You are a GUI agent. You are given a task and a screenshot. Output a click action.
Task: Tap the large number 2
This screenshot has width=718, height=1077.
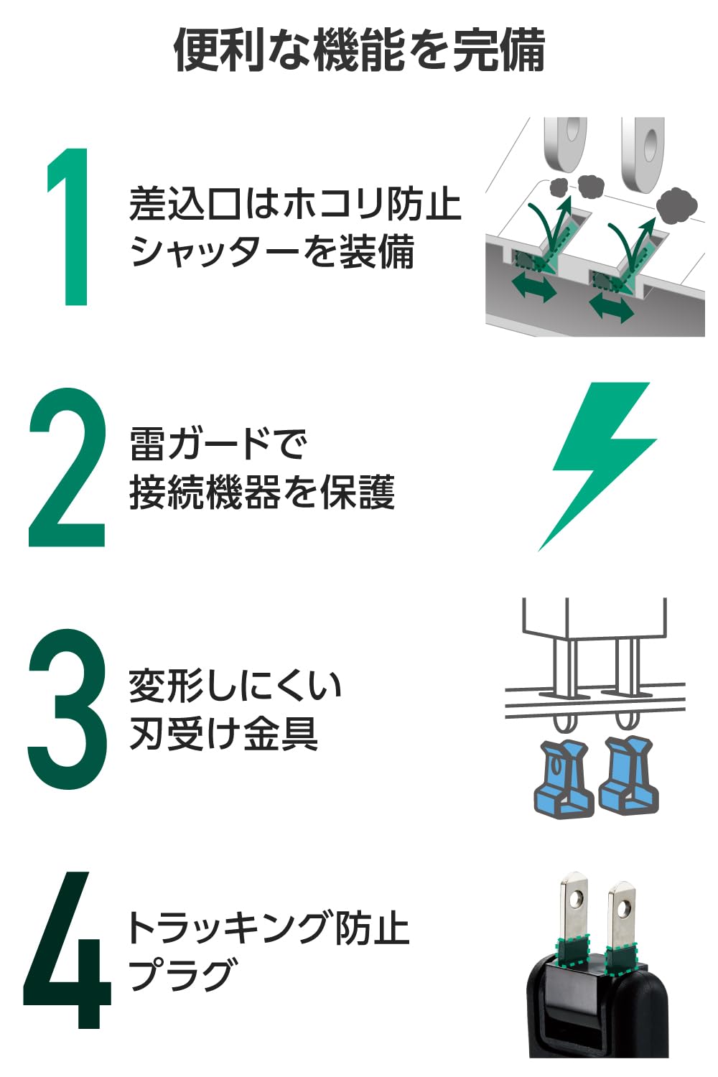(67, 468)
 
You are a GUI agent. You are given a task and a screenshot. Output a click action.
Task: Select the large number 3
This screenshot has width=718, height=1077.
(67, 709)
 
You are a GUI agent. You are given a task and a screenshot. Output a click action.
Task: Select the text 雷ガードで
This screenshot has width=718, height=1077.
(218, 443)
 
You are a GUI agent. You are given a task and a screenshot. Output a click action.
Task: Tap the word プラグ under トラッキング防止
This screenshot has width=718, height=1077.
(182, 974)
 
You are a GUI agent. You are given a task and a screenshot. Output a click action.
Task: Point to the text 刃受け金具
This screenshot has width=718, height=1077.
(223, 734)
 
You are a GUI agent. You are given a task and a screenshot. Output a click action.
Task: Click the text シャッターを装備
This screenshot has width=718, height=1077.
(272, 252)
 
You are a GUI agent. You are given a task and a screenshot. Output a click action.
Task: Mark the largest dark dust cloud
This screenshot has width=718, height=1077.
(676, 204)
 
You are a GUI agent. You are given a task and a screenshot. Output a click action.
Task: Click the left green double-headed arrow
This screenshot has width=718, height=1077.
(534, 288)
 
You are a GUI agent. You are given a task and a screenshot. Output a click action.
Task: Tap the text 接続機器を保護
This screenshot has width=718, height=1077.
(262, 493)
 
